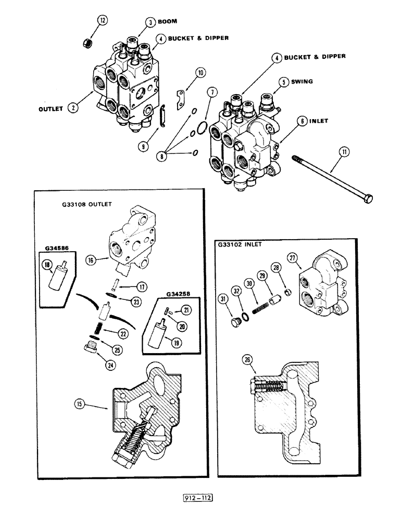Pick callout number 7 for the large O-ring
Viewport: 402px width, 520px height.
(x=210, y=93)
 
